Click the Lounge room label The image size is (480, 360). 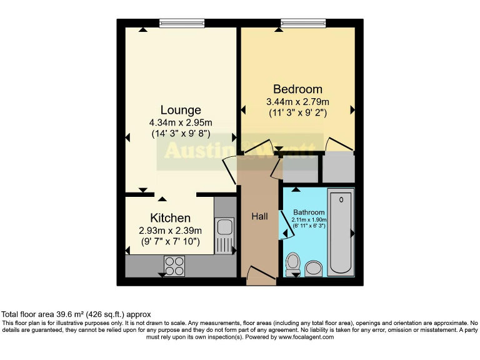click(181, 110)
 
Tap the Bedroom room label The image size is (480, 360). click(297, 89)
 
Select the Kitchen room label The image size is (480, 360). click(170, 217)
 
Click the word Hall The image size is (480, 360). click(259, 216)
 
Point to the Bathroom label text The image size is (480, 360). click(309, 212)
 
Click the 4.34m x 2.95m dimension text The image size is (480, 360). click(181, 122)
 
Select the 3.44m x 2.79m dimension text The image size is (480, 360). click(297, 102)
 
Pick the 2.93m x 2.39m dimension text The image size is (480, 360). click(170, 230)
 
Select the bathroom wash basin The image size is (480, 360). click(313, 268)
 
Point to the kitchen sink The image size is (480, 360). click(224, 227)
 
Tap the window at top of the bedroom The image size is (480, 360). click(299, 23)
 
